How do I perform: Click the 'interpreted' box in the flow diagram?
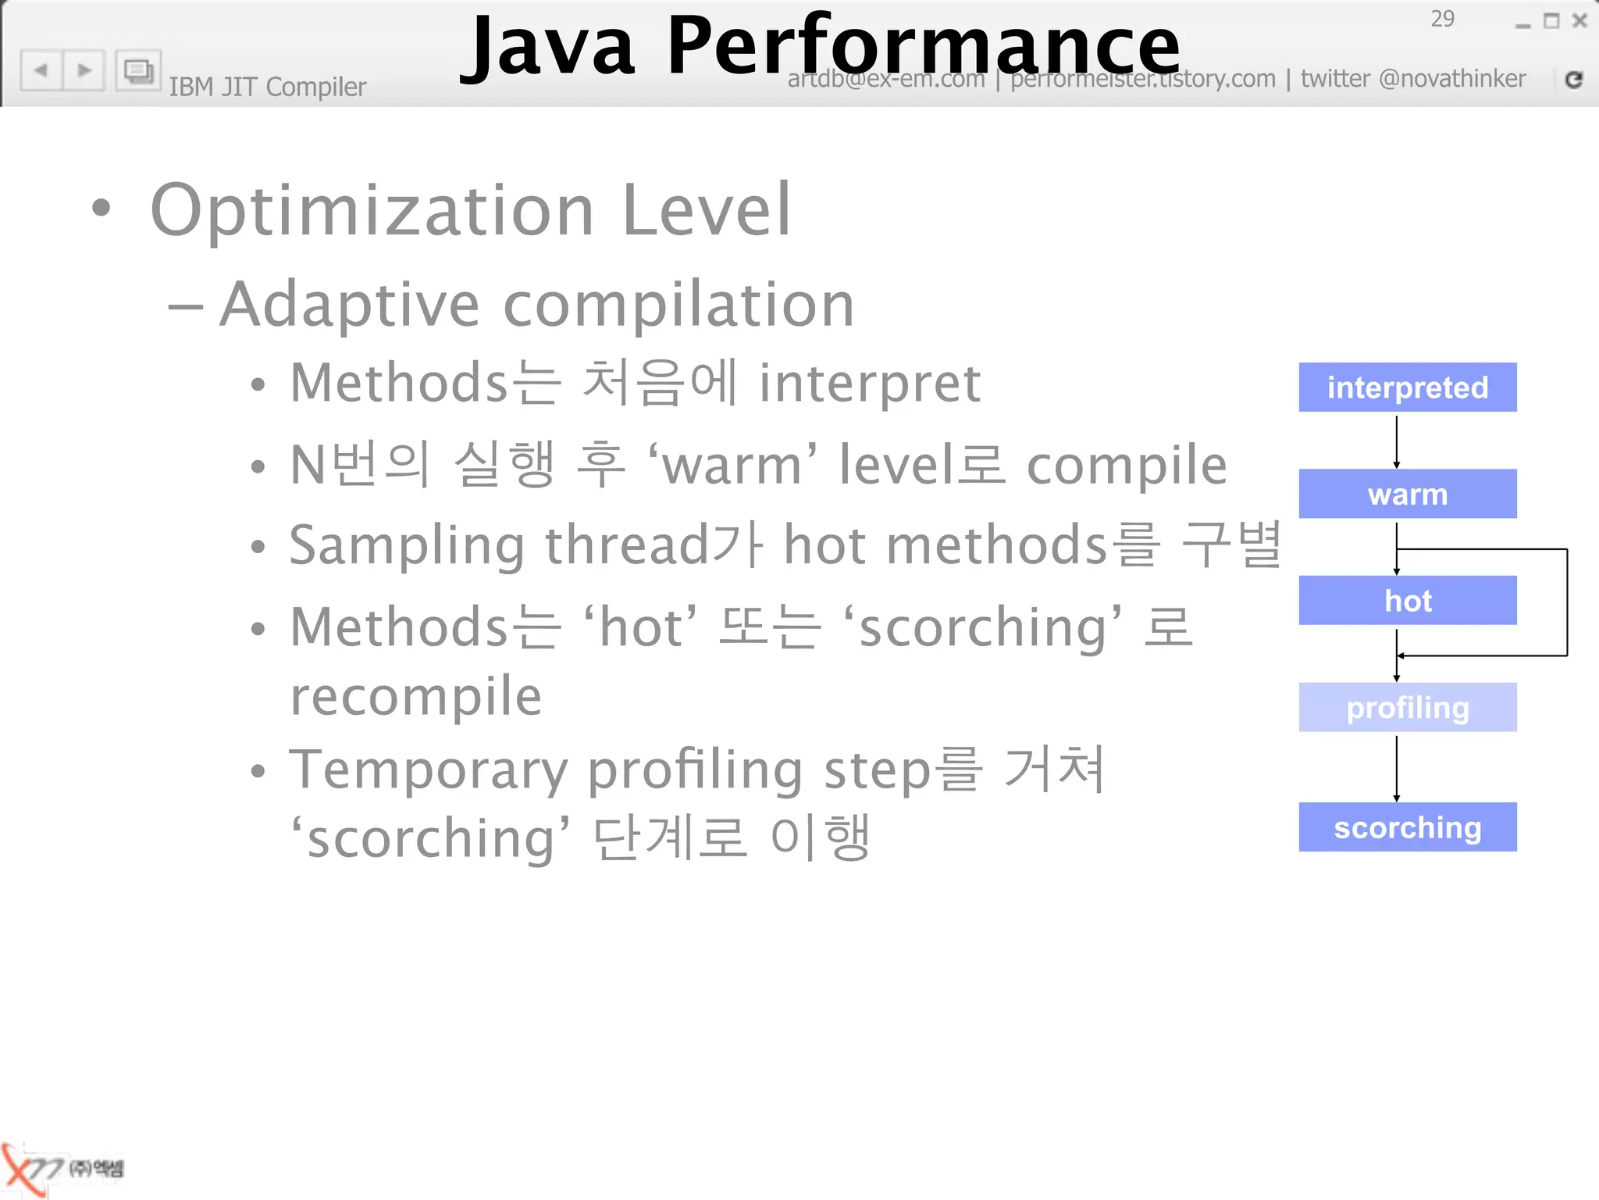[1407, 387]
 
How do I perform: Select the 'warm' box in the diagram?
[1407, 494]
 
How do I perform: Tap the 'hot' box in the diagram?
[1407, 600]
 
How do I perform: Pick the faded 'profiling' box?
[1407, 707]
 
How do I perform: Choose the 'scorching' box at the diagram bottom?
[1407, 827]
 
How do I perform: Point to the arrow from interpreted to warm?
[1396, 441]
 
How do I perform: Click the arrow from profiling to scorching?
[1396, 767]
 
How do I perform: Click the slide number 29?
[1442, 19]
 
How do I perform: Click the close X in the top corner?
[1579, 21]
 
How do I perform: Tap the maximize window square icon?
[1551, 21]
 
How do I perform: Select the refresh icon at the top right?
[1573, 79]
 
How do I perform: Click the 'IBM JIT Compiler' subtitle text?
[267, 87]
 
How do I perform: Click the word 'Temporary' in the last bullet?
[428, 770]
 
